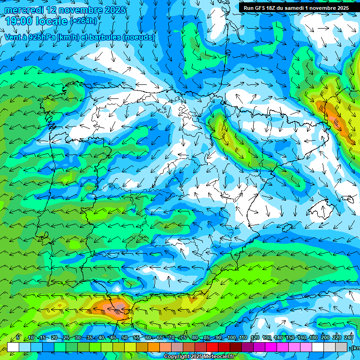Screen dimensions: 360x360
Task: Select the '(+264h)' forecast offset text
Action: click(x=83, y=21)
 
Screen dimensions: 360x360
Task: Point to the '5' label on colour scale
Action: click(x=17, y=338)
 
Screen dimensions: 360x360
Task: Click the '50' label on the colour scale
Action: click(x=124, y=338)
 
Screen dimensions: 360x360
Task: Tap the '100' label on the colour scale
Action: click(x=231, y=338)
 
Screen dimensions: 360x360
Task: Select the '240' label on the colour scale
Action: click(x=348, y=338)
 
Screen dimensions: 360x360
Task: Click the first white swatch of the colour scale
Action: click(x=13, y=347)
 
